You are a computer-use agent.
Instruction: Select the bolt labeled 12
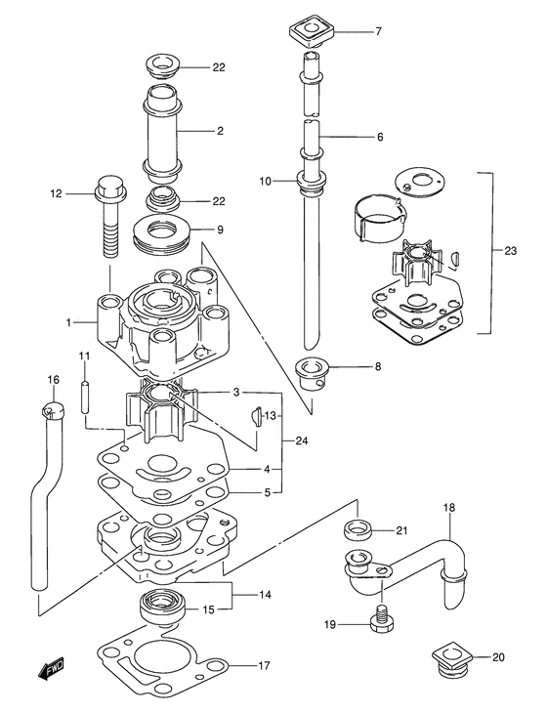click(110, 215)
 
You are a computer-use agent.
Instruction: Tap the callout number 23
click(510, 251)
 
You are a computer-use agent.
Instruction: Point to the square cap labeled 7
click(313, 33)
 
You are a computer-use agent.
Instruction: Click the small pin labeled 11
click(85, 397)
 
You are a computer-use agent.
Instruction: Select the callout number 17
click(264, 666)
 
